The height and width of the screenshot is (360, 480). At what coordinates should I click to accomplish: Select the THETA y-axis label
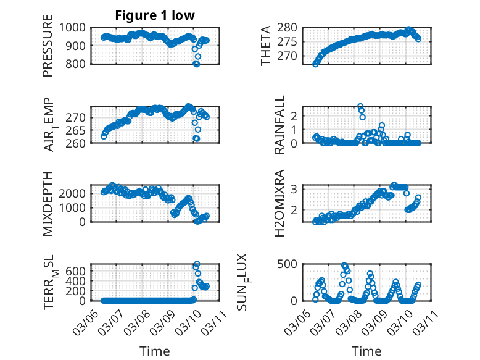pyautogui.click(x=266, y=46)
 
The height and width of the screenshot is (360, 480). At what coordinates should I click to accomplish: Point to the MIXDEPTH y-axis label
pyautogui.click(x=48, y=204)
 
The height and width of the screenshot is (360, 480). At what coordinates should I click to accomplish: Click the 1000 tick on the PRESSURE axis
pyautogui.click(x=76, y=27)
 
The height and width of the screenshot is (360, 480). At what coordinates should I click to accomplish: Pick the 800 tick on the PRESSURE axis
pyautogui.click(x=78, y=64)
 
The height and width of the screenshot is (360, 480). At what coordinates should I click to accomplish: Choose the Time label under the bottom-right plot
pyautogui.click(x=366, y=351)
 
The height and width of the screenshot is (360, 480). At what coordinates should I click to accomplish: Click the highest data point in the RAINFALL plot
pyautogui.click(x=360, y=106)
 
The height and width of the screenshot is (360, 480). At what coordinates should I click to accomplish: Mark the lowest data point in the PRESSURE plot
pyautogui.click(x=197, y=64)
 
